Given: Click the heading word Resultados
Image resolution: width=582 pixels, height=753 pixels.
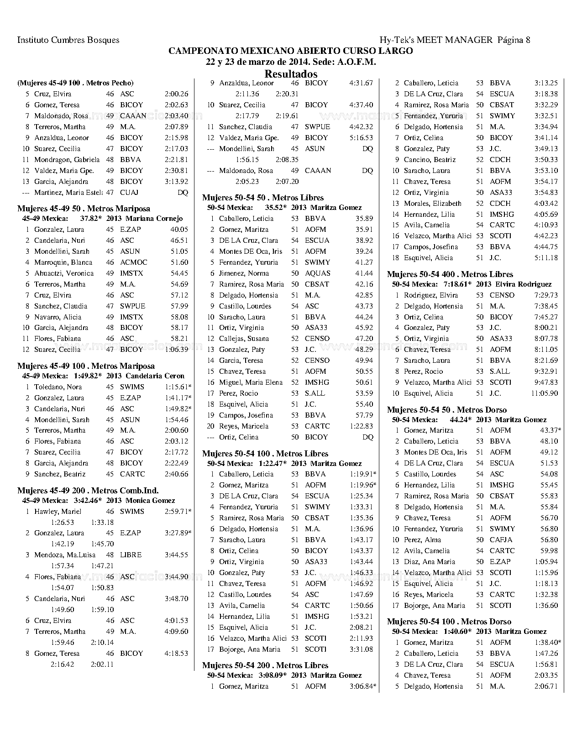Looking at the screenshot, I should point(291,73).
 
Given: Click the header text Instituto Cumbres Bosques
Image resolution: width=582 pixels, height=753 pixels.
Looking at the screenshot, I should point(68,40).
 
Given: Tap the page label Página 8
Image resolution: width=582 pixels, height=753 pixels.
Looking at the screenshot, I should point(514,40).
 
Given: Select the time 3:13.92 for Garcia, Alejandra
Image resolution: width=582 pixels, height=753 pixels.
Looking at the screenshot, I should point(176,182).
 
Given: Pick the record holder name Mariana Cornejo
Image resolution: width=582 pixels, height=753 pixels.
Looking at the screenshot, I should point(154,219).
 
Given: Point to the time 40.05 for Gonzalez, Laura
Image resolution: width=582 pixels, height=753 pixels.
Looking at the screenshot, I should point(179,230).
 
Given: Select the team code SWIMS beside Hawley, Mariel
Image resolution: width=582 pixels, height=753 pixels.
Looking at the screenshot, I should point(132,512).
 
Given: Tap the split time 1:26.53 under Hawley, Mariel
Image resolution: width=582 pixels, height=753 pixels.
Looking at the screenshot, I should point(62,522).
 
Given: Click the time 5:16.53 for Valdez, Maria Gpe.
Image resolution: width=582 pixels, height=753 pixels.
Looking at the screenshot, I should point(361,138).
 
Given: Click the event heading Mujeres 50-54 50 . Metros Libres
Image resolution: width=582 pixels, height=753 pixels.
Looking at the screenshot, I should point(263,198).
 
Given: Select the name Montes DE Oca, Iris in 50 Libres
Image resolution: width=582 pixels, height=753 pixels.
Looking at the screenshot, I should point(251,251).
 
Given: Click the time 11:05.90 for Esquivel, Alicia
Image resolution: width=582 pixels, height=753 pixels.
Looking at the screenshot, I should point(544,393).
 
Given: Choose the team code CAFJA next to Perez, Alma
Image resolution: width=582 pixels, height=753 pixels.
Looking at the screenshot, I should point(501,540).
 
